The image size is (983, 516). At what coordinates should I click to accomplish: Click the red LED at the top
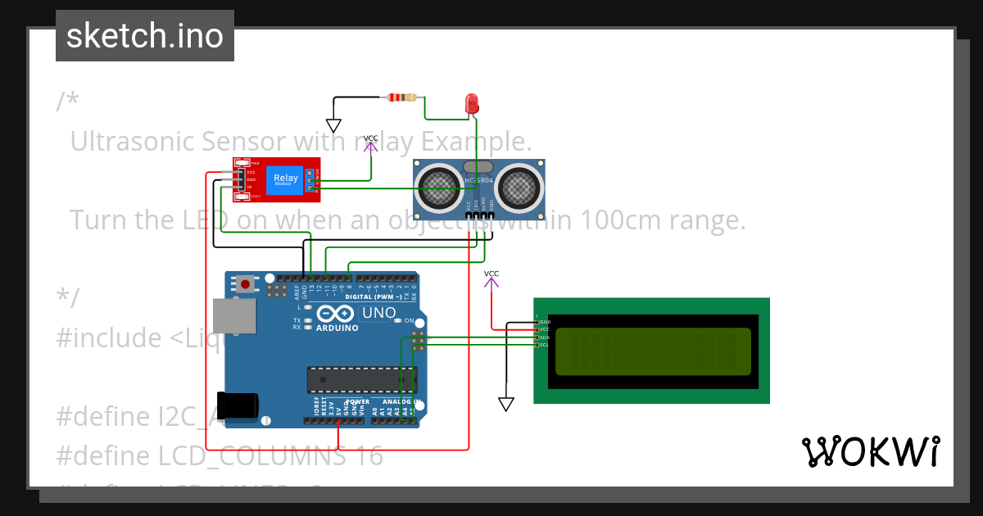coord(472,103)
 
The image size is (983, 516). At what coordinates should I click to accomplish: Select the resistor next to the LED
coord(401,97)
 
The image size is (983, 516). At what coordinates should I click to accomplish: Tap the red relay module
coord(275,179)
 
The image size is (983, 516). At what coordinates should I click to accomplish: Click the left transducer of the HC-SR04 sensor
coord(439,188)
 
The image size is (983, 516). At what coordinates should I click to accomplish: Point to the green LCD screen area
coord(653,351)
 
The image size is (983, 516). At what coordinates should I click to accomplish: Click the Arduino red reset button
coord(245,285)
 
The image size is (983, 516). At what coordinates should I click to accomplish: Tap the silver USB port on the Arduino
coord(233,316)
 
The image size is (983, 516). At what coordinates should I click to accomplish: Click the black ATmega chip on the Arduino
coord(361,379)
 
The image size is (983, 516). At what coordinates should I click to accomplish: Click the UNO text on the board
coord(379,313)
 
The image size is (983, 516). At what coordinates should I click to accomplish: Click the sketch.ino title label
coord(144,36)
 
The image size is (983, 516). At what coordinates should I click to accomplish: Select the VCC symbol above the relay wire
coord(371,145)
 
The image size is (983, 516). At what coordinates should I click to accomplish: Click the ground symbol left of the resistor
coord(333,125)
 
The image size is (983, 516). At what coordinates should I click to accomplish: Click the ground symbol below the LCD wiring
coord(506,404)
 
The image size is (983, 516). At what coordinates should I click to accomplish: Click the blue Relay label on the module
coord(286,179)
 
